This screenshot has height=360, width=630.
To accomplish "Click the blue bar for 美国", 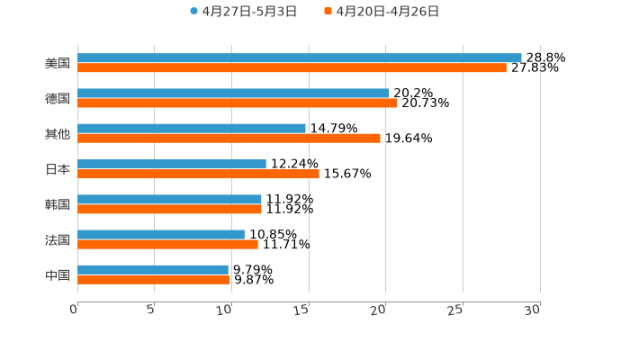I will coord(300,58).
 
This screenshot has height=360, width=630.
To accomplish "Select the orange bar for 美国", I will coord(292,67).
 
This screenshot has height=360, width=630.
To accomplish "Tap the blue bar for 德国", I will coord(233,93).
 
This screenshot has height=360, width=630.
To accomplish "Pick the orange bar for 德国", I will coord(238,103).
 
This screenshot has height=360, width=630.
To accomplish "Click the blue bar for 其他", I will coord(192,128).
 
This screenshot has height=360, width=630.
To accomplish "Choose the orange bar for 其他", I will coord(229,138).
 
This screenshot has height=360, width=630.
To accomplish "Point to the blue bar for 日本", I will coord(172,164).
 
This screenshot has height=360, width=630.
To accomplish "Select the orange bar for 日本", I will coord(198,174).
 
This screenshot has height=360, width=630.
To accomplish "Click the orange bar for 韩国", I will coord(169,209).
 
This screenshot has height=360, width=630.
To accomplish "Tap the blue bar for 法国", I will coord(161,234).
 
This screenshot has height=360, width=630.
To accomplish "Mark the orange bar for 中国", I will coord(154,279).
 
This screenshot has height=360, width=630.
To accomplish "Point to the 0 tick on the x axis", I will coord(75,310).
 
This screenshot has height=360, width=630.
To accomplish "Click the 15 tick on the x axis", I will coord(302,310).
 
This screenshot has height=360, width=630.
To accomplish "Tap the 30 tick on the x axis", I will coord(533,310).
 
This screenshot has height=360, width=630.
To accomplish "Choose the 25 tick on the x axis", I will coord(456,310).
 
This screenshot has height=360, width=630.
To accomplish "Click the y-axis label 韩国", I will coord(58,204).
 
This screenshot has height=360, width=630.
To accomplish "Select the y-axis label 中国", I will coord(58,274).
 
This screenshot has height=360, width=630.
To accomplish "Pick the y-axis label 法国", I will coord(58,239).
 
